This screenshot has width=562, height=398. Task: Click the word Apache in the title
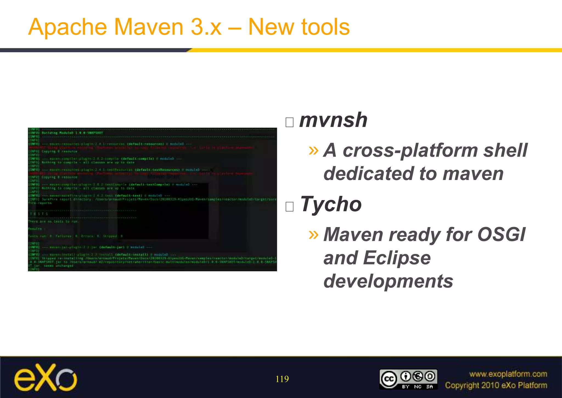pyautogui.click(x=67, y=27)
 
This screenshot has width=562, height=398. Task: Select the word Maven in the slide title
pyautogui.click(x=148, y=27)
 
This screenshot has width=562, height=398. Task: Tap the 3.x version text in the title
pyautogui.click(x=206, y=27)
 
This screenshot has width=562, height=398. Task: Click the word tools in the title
pyautogui.click(x=325, y=27)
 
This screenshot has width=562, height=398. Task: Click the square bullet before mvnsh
pyautogui.click(x=290, y=122)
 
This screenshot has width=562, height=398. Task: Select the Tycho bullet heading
pyautogui.click(x=331, y=204)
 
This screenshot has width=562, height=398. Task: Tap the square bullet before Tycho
pyautogui.click(x=290, y=206)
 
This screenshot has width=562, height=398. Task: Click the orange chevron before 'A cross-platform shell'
pyautogui.click(x=313, y=150)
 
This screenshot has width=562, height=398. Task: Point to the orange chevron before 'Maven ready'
pyautogui.click(x=313, y=234)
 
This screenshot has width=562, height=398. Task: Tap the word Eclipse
pyautogui.click(x=397, y=258)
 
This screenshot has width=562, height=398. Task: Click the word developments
pyautogui.click(x=388, y=281)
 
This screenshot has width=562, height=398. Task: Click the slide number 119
pyautogui.click(x=282, y=379)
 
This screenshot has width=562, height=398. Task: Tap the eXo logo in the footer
pyautogui.click(x=46, y=377)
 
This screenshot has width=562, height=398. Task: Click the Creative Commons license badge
pyautogui.click(x=408, y=379)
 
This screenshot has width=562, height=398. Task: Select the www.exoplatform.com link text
pyautogui.click(x=508, y=374)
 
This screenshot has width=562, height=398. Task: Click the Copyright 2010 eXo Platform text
pyautogui.click(x=496, y=385)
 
